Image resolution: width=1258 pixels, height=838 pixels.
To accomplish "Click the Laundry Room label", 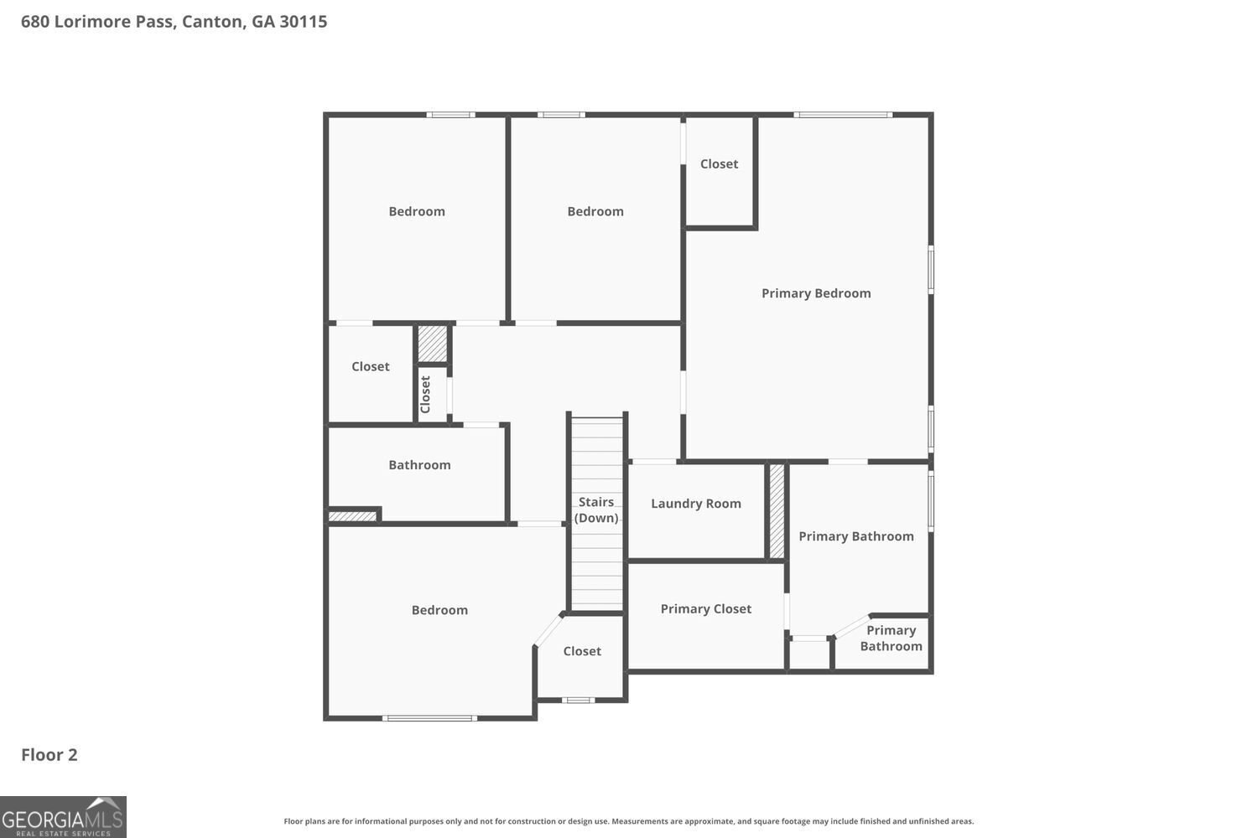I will tap(696, 504).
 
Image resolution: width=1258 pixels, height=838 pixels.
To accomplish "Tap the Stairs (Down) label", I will tap(596, 510).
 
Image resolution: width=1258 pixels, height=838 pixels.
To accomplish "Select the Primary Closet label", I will tap(706, 609).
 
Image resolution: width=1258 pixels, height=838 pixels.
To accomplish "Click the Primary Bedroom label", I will tap(816, 293).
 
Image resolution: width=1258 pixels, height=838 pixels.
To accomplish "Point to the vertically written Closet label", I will tap(425, 394).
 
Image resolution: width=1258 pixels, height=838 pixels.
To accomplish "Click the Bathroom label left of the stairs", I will tap(419, 465).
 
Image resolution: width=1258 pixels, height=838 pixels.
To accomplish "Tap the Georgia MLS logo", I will tap(63, 817).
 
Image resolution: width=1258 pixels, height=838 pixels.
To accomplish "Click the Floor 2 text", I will tap(49, 754).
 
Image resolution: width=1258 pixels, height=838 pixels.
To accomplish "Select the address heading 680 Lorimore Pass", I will tap(174, 22).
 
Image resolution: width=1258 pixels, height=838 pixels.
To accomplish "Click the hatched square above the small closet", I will tap(433, 344).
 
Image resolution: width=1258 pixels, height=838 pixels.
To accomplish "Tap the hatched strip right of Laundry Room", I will tap(777, 511).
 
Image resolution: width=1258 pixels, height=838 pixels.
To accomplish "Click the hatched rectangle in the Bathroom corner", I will tap(353, 516).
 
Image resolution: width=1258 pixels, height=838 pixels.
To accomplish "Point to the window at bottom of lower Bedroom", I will tap(429, 718).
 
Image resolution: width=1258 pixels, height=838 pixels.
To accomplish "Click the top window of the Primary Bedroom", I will tap(843, 115).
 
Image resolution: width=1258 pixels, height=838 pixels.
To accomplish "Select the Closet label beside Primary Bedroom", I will tap(720, 164).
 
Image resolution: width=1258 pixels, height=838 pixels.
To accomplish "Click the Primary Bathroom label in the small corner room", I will tap(891, 639).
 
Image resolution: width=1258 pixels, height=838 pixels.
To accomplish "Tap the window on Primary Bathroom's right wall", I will tap(931, 500).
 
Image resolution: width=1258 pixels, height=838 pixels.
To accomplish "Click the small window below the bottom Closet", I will tap(578, 700).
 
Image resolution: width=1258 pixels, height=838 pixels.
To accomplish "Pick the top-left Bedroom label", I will tap(417, 212).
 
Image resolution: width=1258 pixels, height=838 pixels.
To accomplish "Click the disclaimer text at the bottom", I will tap(629, 821).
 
